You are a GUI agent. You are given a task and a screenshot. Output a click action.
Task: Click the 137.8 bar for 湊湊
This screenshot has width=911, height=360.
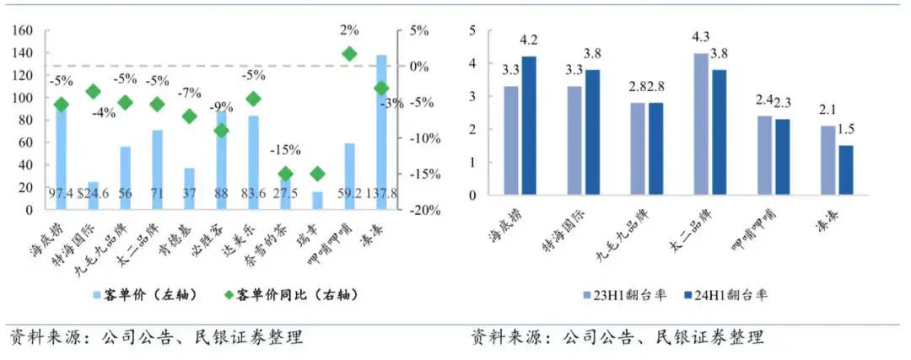[x=381, y=126]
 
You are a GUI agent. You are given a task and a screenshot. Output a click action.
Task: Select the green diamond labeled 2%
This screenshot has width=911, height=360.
[x=349, y=54]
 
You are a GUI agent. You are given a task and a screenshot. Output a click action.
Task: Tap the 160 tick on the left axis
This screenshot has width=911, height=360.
[x=23, y=31]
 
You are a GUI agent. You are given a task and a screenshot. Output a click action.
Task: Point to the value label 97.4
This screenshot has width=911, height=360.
[x=59, y=195]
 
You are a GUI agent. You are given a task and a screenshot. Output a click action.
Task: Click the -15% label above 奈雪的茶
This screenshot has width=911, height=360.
[x=285, y=150]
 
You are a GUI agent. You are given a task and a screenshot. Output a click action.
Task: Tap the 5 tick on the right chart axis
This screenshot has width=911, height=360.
[x=474, y=30]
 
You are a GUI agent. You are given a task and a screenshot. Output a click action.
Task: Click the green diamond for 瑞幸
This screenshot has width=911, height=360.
[x=317, y=174]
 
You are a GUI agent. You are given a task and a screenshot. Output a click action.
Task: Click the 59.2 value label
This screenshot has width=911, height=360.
[x=349, y=195]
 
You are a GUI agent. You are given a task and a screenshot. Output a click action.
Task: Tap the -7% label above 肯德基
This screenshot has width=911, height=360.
[x=189, y=92]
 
